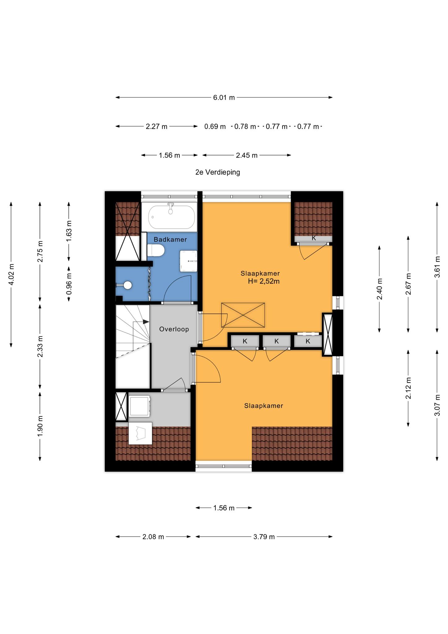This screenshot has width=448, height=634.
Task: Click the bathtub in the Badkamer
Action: coord(172,217)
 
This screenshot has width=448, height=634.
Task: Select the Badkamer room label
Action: coord(170,240)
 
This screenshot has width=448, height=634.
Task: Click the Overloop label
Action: coord(174,329)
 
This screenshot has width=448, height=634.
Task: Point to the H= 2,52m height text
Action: coord(264,281)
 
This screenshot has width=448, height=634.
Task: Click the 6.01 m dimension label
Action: coord(224,98)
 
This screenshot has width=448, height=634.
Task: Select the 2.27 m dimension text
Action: coord(157,126)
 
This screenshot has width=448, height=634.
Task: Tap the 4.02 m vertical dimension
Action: coord(11,275)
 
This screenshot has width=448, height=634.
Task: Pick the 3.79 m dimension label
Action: coord(264,537)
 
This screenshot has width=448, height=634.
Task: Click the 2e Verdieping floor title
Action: coord(218,172)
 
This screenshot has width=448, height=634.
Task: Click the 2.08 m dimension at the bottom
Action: coord(153,537)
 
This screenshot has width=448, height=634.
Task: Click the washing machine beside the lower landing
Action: coord(140,406)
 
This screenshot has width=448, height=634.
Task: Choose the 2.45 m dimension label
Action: coord(247,155)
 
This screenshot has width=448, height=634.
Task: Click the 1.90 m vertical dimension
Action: coord(40,426)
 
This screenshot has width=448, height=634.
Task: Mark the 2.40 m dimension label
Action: coord(380,289)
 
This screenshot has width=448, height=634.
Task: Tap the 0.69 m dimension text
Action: coord(215,126)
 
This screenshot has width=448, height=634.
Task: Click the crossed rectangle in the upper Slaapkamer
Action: coord(243,315)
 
